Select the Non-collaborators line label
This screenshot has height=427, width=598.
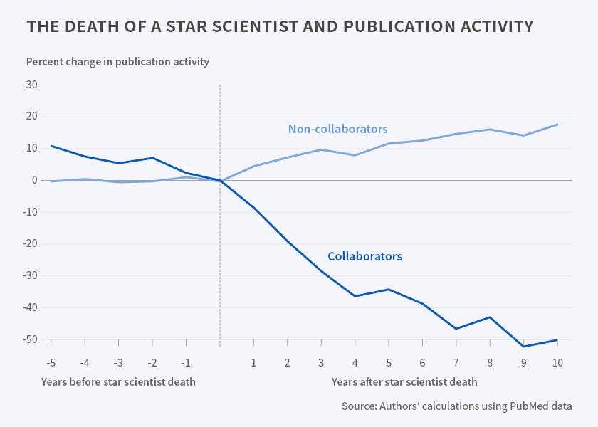(x=337, y=129)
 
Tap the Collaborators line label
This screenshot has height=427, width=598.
(x=364, y=256)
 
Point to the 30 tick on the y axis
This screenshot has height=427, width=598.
(x=31, y=85)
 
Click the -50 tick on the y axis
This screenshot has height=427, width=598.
(x=29, y=339)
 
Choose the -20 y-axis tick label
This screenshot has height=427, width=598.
(x=29, y=244)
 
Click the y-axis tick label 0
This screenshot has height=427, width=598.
(x=35, y=180)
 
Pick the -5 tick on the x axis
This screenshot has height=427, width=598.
(x=51, y=362)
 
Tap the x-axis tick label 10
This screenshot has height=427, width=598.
(x=557, y=362)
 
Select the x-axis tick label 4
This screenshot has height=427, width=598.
(x=355, y=362)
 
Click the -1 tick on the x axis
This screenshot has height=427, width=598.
(x=186, y=362)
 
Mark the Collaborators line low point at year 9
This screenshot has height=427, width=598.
(x=524, y=347)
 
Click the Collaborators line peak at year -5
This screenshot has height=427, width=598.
(x=51, y=146)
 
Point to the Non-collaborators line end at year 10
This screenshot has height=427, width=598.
(x=557, y=125)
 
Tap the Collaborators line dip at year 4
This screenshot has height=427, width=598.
(x=355, y=296)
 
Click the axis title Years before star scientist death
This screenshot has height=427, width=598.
(x=117, y=382)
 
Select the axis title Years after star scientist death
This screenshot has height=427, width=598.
(x=404, y=382)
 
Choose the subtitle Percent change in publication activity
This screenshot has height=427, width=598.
(x=117, y=61)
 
